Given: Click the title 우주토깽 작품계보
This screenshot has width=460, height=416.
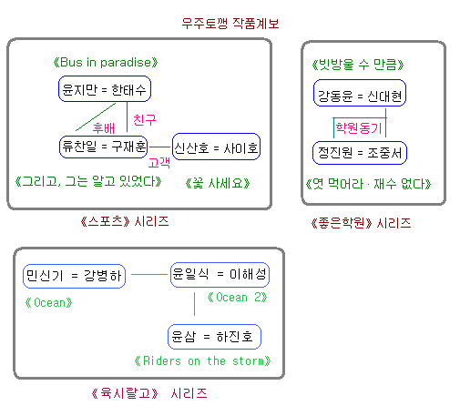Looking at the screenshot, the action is click(x=230, y=24).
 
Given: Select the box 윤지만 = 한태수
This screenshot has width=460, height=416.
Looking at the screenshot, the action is click(x=105, y=89).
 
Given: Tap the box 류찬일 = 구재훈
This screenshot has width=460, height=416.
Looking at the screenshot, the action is click(x=104, y=147).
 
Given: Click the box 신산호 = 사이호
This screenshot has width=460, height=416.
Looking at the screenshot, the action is click(x=216, y=147).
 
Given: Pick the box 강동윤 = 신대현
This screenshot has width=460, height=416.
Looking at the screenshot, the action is click(x=360, y=93).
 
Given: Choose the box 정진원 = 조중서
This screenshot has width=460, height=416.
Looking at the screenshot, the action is click(x=360, y=153).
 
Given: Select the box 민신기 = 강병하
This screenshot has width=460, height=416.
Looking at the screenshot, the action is click(x=75, y=276).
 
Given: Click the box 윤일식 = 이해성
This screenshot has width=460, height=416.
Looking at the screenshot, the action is click(x=220, y=275).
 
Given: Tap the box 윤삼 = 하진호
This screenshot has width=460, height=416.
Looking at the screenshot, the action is click(x=214, y=337).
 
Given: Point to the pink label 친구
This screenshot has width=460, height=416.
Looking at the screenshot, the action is click(x=145, y=120).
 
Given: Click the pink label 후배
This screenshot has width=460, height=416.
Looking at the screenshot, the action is click(x=104, y=128).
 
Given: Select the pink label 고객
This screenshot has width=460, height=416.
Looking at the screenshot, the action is click(x=159, y=163).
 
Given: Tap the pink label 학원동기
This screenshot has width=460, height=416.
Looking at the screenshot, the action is click(x=359, y=127).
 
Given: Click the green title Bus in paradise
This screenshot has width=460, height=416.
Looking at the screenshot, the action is click(x=106, y=63).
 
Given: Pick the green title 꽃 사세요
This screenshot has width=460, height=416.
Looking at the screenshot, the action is click(x=218, y=183).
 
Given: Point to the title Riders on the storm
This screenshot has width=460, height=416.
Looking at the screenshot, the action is click(x=202, y=361).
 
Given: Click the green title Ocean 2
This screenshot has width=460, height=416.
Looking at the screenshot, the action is click(x=237, y=298).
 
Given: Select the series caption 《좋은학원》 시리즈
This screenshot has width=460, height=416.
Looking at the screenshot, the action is click(x=361, y=223).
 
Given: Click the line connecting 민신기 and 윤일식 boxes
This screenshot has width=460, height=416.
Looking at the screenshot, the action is click(x=149, y=275).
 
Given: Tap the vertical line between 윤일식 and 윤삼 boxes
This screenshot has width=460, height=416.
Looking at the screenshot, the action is click(x=194, y=304).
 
